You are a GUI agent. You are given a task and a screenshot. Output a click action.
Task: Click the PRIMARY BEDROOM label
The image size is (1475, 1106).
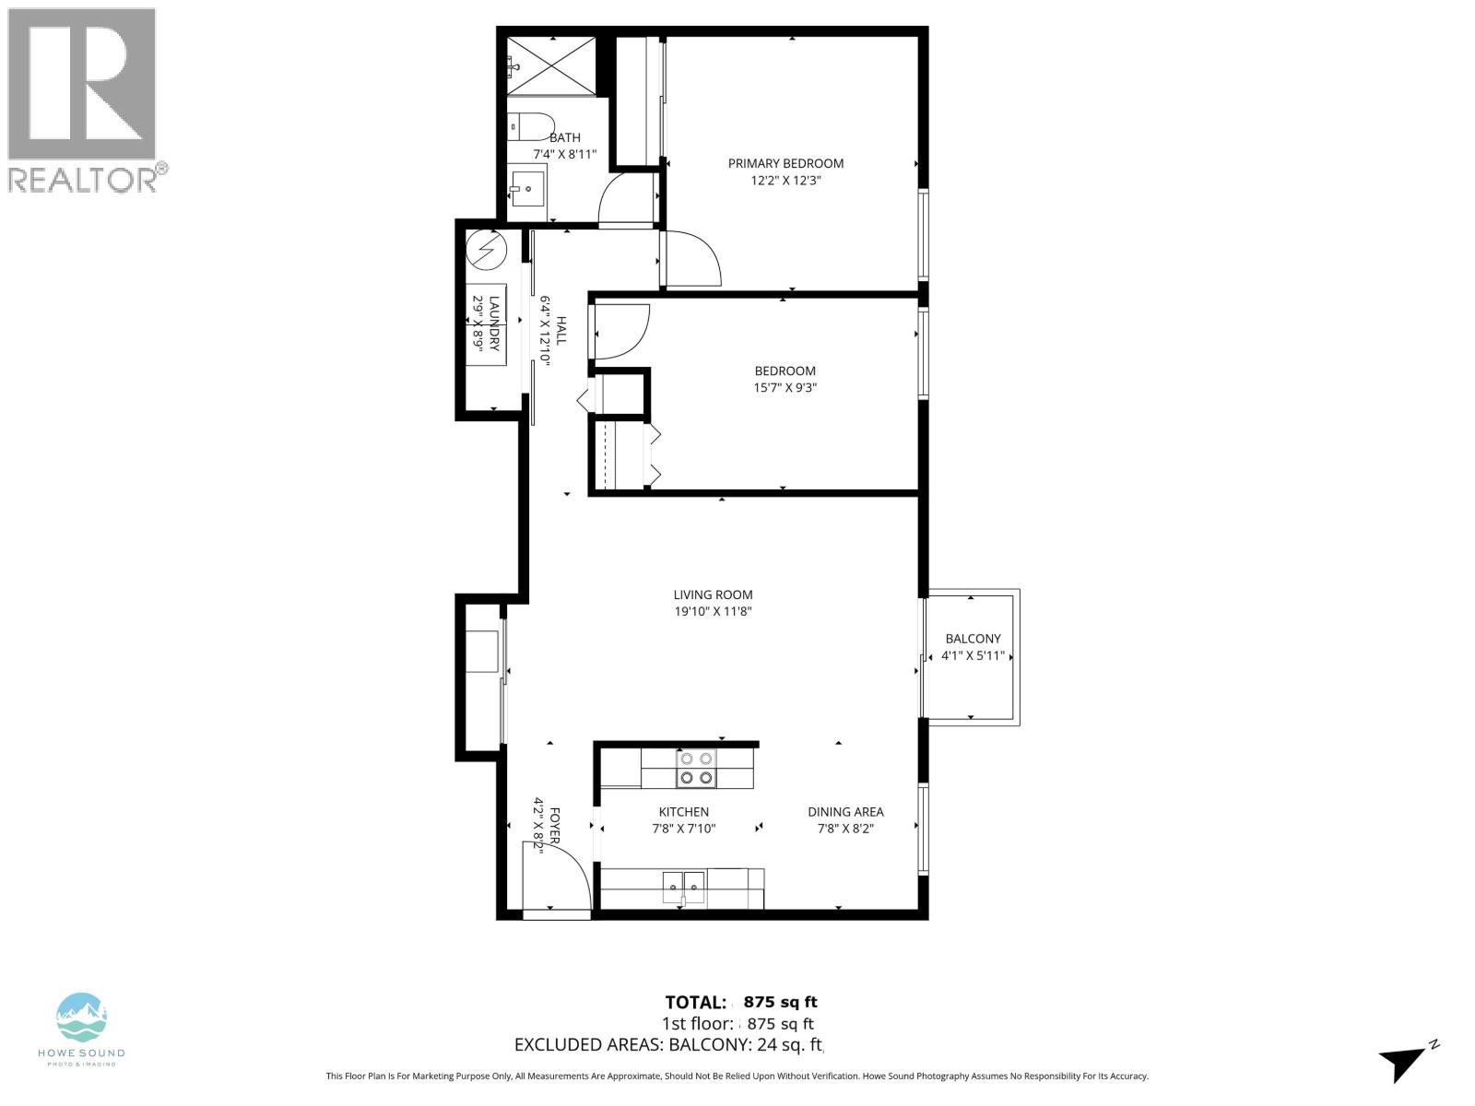[785, 163]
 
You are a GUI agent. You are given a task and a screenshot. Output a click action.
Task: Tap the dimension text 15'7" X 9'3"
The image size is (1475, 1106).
[785, 388]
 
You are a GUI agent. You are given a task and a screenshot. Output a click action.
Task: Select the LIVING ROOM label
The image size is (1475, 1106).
[713, 595]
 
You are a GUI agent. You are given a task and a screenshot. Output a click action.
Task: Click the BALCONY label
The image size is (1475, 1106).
[973, 639]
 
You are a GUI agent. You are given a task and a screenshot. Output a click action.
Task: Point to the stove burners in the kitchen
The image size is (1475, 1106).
[696, 769]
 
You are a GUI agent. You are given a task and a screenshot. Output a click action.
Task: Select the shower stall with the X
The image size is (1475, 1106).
[551, 65]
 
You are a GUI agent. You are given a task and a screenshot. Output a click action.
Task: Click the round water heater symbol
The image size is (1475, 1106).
[486, 248]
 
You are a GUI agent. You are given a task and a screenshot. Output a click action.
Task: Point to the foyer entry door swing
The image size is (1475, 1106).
[558, 876]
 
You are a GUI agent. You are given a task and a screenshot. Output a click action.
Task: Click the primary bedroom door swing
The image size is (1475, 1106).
[691, 258]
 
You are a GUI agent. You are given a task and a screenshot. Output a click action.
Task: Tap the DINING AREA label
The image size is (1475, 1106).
[845, 812]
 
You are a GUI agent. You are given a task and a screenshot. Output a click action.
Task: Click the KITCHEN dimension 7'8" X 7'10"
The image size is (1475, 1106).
[683, 829]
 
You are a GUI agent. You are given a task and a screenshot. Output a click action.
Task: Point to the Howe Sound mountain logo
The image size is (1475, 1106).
[81, 1018]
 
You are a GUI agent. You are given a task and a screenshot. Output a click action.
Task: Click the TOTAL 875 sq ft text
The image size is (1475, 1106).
[740, 1002]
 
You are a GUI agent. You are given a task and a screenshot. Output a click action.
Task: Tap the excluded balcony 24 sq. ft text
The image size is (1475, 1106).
[668, 1044]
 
